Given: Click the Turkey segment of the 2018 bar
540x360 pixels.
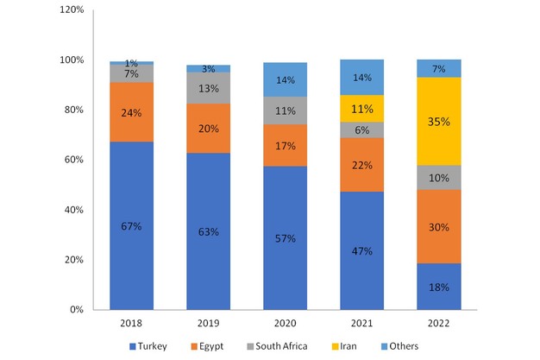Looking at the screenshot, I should (x=131, y=225).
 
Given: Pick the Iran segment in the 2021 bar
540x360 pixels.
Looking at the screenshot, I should (x=361, y=108).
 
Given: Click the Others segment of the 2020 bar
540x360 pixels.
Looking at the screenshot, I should (x=285, y=79).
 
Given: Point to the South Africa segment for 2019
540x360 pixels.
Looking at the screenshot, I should (x=208, y=87).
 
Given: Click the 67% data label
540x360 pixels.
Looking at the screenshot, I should (x=131, y=226).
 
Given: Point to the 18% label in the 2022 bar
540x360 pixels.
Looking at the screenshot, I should (x=438, y=287).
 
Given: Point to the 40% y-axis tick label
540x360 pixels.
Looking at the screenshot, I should (x=73, y=210).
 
